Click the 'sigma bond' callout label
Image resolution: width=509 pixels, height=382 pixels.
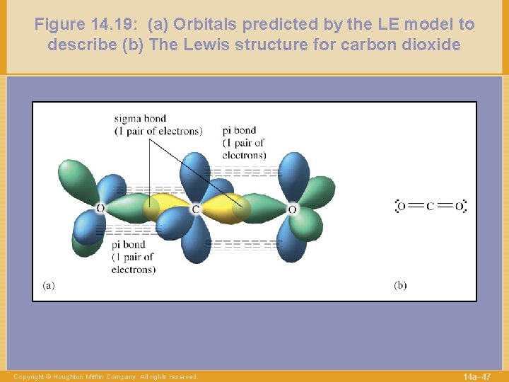click(141, 118)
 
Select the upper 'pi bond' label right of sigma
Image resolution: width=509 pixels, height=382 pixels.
click(239, 130)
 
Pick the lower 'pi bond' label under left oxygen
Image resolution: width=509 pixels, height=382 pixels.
click(129, 245)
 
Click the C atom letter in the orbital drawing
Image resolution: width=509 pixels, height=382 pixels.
click(196, 209)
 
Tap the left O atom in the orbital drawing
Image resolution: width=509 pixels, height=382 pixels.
click(100, 209)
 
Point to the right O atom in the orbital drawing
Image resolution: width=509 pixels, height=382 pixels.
click(292, 209)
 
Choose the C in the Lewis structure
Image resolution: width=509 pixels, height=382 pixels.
click(431, 207)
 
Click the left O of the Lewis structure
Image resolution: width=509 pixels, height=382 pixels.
click(402, 207)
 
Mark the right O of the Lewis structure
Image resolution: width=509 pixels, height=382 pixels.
click(459, 207)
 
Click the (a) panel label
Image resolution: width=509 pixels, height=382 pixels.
click(48, 286)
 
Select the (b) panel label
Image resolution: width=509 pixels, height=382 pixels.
click(400, 286)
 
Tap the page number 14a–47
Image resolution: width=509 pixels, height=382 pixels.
click(476, 376)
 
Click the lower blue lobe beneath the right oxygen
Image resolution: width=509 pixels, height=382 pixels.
click(292, 244)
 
